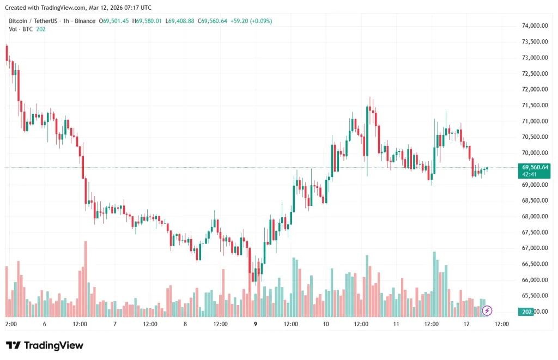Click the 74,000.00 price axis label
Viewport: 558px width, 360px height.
pos(534,26)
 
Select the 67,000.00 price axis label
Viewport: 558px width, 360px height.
pos(534,248)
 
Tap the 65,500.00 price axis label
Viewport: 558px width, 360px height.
pos(534,296)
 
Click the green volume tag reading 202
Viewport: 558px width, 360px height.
pos(526,312)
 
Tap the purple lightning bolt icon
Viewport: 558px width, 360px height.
pos(487,310)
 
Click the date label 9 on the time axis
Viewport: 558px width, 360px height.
pos(256,324)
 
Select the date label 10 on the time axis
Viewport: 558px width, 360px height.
pos(326,324)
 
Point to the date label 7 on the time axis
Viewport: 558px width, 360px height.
pos(115,324)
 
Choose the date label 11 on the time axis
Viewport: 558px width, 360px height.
pos(396,324)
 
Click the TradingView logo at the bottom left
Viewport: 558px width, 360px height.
pos(45,345)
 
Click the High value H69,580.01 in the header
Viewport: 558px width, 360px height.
pos(148,21)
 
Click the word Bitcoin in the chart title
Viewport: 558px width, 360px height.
pos(19,21)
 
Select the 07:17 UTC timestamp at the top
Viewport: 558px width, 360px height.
pos(138,8)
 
